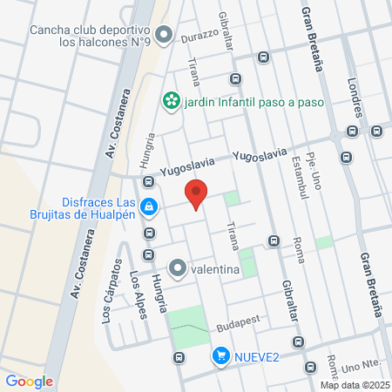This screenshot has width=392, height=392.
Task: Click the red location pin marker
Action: pyautogui.click(x=197, y=194)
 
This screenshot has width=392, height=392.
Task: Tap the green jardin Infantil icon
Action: pyautogui.click(x=171, y=101)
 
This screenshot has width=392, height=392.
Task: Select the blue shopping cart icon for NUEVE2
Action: pyautogui.click(x=221, y=355)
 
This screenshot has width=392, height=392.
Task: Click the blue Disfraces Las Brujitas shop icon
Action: pyautogui.click(x=149, y=206)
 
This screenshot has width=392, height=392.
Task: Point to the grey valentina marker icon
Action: pyautogui.click(x=179, y=268)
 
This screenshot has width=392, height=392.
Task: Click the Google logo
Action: pyautogui.click(x=29, y=381)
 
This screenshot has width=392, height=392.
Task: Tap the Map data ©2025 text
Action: pyautogui.click(x=354, y=385)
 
